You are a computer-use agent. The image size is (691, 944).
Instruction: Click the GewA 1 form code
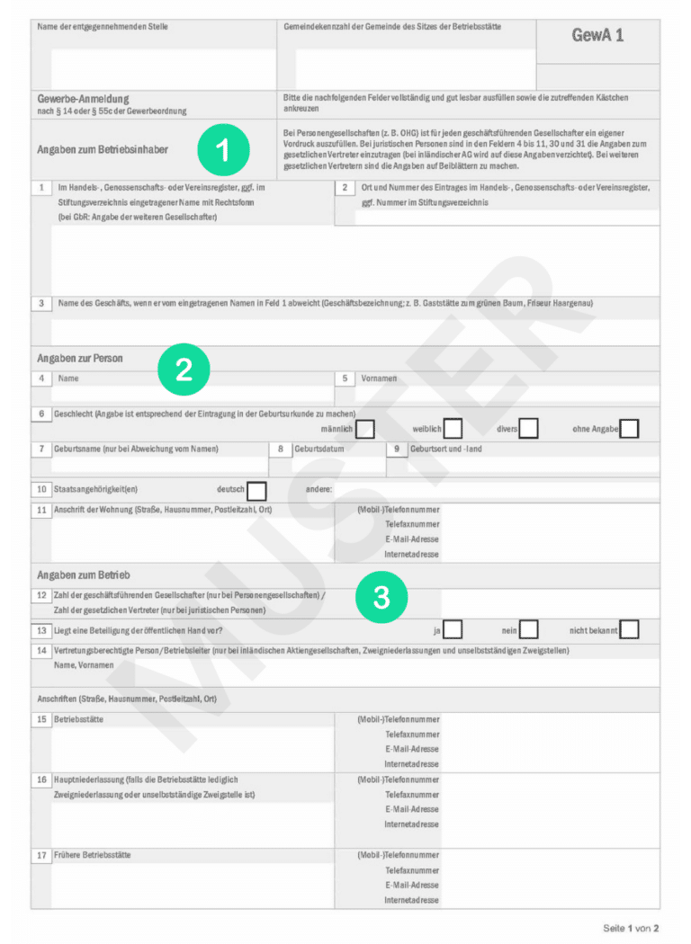click(x=597, y=36)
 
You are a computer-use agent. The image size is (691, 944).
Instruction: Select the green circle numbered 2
click(x=184, y=370)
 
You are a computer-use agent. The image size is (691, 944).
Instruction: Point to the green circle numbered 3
click(x=381, y=597)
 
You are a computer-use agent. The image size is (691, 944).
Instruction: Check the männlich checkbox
click(x=365, y=429)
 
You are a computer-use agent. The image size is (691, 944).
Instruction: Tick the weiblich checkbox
click(x=453, y=429)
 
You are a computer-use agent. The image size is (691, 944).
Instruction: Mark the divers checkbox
click(x=528, y=429)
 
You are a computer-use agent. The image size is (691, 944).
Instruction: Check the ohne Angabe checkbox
click(x=629, y=429)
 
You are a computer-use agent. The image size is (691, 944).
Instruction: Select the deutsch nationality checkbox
click(x=256, y=490)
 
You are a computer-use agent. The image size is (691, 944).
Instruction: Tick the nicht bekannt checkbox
click(x=629, y=629)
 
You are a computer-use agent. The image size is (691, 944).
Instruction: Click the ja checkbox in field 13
click(x=453, y=629)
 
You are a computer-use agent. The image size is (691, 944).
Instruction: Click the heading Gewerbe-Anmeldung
click(x=84, y=99)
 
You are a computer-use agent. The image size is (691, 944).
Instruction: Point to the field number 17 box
click(x=41, y=855)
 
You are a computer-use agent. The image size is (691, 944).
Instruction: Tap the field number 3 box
click(x=41, y=304)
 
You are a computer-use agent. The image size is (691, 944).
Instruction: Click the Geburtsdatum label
click(x=319, y=449)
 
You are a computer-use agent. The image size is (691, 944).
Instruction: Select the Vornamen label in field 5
click(x=379, y=378)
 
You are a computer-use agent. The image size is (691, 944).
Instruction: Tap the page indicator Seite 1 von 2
click(x=631, y=927)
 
